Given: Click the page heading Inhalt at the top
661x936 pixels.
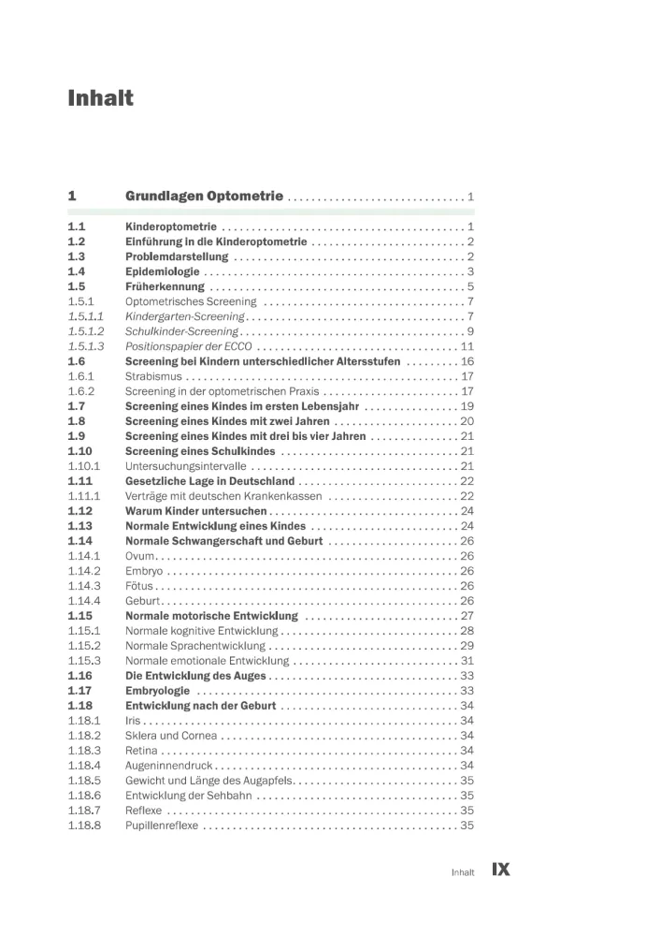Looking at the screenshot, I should [x=101, y=98].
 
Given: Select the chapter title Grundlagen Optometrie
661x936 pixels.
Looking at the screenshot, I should [x=204, y=197].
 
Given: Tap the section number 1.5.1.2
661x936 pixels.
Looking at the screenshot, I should [x=86, y=331].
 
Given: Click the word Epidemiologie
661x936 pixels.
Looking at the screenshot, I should [x=163, y=271].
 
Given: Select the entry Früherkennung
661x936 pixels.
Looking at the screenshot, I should [x=165, y=286].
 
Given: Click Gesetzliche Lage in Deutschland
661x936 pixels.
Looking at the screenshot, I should [x=209, y=481].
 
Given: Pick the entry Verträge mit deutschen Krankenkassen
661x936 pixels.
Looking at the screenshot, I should [x=223, y=496].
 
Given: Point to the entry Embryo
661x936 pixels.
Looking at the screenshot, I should [x=144, y=571].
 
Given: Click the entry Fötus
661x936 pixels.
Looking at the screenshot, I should [x=139, y=586].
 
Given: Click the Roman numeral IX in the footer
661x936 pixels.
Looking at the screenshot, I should [x=500, y=870].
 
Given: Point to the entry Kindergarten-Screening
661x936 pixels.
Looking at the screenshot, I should [x=185, y=316].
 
